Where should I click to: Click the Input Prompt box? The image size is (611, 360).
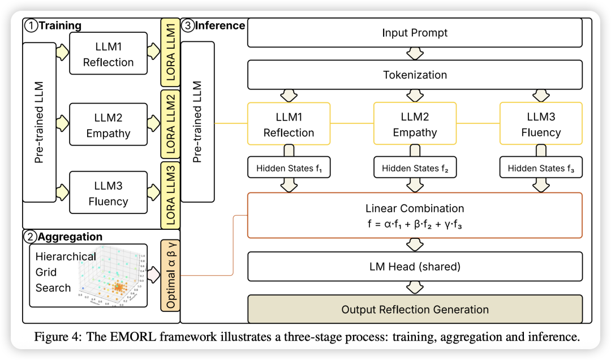(415, 33)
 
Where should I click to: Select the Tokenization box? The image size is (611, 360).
(415, 75)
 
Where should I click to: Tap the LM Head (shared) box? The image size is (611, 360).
(415, 266)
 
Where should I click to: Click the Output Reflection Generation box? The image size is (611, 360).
(415, 310)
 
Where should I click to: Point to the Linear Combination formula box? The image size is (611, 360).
(415, 216)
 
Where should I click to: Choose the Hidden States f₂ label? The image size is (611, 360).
(415, 168)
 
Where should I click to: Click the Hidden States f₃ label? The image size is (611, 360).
(541, 168)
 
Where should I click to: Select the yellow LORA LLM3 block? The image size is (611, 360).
(170, 194)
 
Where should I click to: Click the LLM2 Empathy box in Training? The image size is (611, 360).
(108, 126)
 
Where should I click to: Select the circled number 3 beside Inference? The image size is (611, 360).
(188, 26)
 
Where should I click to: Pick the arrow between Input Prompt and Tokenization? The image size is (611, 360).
(415, 54)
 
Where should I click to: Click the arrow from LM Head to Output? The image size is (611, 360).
(415, 288)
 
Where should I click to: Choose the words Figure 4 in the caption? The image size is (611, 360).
(57, 337)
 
